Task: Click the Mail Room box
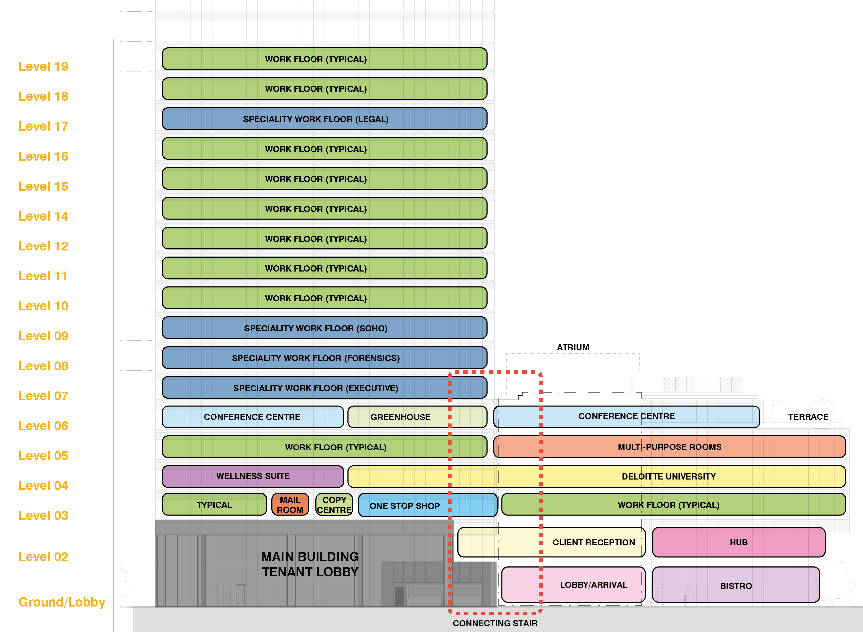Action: [290, 505]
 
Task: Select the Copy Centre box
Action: [334, 505]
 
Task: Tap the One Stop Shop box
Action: [404, 505]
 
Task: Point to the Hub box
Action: [738, 542]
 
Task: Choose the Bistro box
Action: [736, 585]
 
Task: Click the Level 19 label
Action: [43, 67]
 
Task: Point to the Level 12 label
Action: [43, 246]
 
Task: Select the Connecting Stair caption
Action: [495, 623]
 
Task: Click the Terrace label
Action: [808, 417]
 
